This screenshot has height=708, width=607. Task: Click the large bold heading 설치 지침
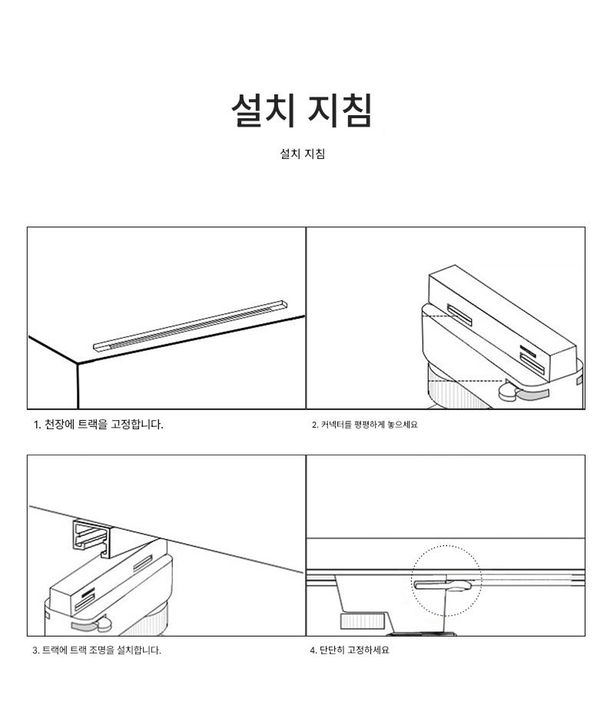302,110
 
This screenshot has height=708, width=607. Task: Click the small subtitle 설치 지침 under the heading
302,154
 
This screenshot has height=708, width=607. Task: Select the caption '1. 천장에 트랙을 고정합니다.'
98,425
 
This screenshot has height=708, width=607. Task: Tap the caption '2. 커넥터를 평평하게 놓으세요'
365,425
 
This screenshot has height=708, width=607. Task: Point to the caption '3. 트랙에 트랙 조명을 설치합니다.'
97,650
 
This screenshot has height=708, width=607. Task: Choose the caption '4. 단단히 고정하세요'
349,650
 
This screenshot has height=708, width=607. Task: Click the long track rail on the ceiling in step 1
190,326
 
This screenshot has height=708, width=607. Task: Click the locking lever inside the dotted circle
443,585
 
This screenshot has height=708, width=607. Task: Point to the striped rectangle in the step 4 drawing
362,621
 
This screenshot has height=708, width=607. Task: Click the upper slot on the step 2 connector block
459,315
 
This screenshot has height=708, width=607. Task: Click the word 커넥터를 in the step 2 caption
336,425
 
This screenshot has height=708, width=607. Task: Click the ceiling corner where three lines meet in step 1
78,362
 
